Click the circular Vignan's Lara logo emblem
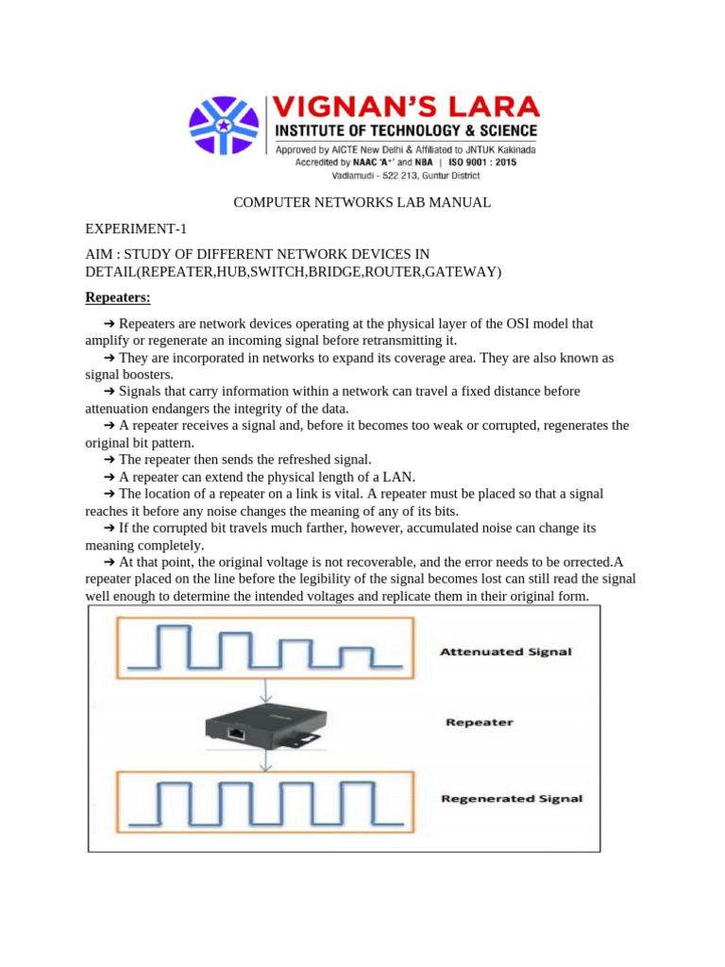tap(224, 127)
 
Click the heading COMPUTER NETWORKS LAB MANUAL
tap(362, 203)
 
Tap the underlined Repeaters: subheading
tap(118, 298)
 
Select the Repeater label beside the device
tap(480, 722)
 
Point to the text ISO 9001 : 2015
tap(478, 161)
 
